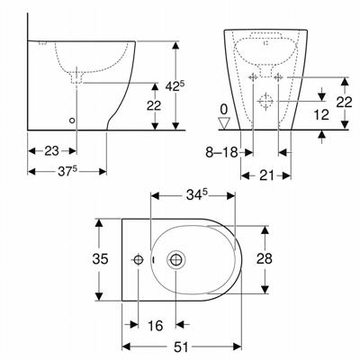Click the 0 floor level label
(x=223, y=109)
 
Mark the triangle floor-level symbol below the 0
(x=223, y=124)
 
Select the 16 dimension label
(x=157, y=325)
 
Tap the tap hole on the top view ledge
(x=138, y=261)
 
